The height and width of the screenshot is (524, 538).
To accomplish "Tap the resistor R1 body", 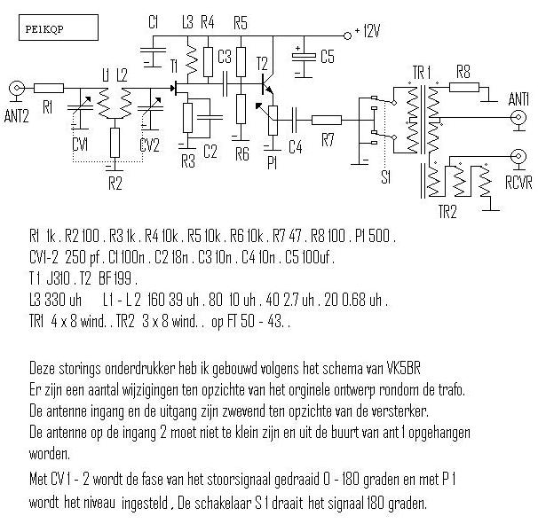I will pos(50,87).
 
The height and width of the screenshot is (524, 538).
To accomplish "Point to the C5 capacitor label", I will pos(328,58).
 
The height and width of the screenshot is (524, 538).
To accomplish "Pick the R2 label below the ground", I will pos(115,184).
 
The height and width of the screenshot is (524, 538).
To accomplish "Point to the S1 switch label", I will pos(385,178).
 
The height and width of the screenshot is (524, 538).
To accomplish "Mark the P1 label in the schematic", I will pos(272,165).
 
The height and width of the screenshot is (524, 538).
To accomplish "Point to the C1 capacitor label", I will pos(154,22).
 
